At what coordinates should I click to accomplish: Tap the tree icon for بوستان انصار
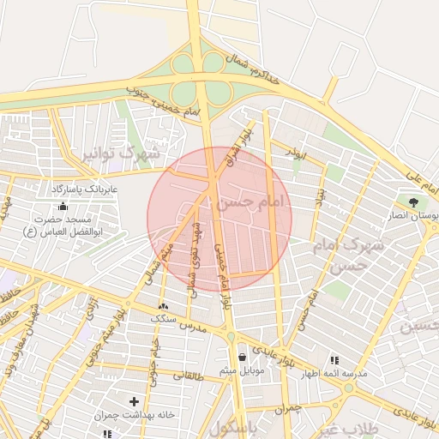point(414,202)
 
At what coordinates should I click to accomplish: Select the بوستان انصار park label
point(415,217)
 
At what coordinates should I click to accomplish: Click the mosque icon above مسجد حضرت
point(62,206)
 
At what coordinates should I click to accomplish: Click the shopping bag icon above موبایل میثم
point(243,357)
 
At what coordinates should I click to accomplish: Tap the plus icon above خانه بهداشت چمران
point(133,400)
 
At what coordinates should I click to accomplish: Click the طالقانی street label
point(189,375)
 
